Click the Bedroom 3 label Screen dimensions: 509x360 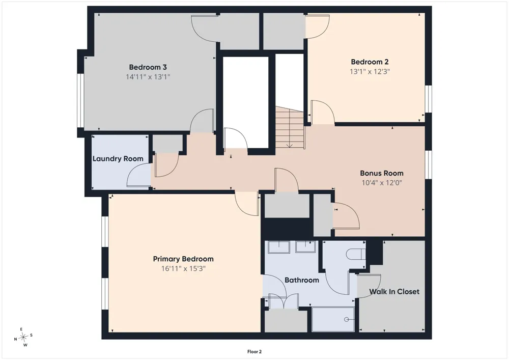coord(148,67)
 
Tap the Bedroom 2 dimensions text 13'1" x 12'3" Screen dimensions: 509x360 coord(370,71)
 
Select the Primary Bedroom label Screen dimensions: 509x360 coord(183,259)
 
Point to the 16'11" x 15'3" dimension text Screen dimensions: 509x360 coord(183,269)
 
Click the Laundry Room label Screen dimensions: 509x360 coord(118,159)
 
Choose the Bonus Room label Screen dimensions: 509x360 coord(382,173)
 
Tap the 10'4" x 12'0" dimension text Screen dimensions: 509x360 coord(382,183)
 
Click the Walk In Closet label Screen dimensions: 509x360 coord(394,291)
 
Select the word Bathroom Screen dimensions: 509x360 coord(302,280)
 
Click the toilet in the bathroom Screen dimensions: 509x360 coord(355,254)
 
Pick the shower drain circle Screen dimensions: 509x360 coord(346,320)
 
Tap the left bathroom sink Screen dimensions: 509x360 coord(279,247)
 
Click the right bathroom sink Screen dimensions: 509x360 coord(305,247)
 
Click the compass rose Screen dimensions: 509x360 coord(23,337)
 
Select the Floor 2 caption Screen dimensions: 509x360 coord(254,351)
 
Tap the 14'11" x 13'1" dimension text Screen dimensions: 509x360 coord(148,77)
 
